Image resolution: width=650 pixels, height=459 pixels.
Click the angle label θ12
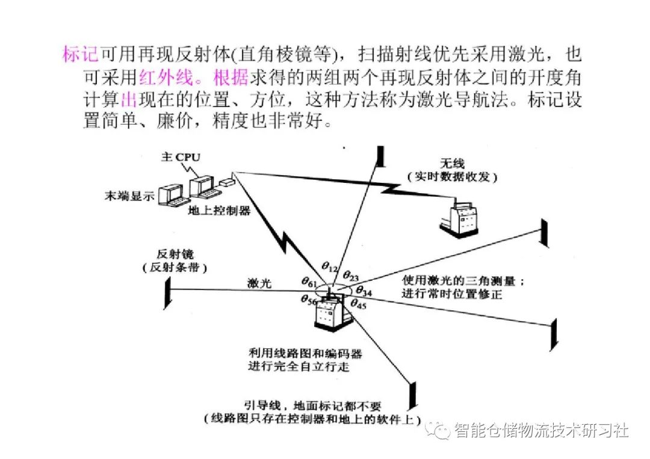point(330,266)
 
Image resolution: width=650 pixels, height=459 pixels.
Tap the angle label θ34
point(364,291)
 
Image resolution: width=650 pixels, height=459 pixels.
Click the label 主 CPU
point(180,157)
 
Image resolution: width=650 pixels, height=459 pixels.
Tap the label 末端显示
point(129,196)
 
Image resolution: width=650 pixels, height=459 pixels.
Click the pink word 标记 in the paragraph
point(81,55)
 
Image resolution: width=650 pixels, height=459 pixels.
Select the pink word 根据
point(223,77)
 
